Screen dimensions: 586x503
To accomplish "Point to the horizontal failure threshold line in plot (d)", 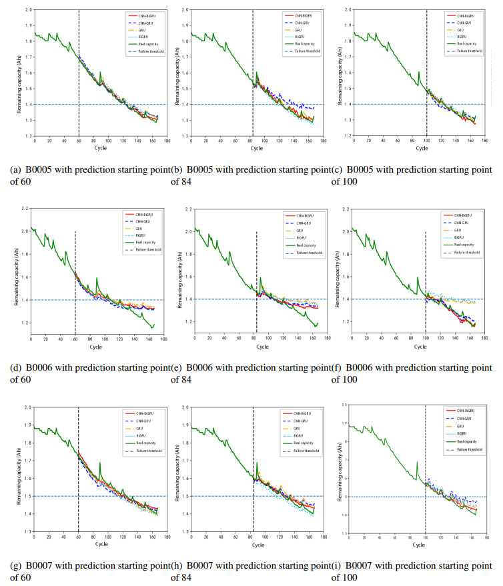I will click(x=100, y=300).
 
